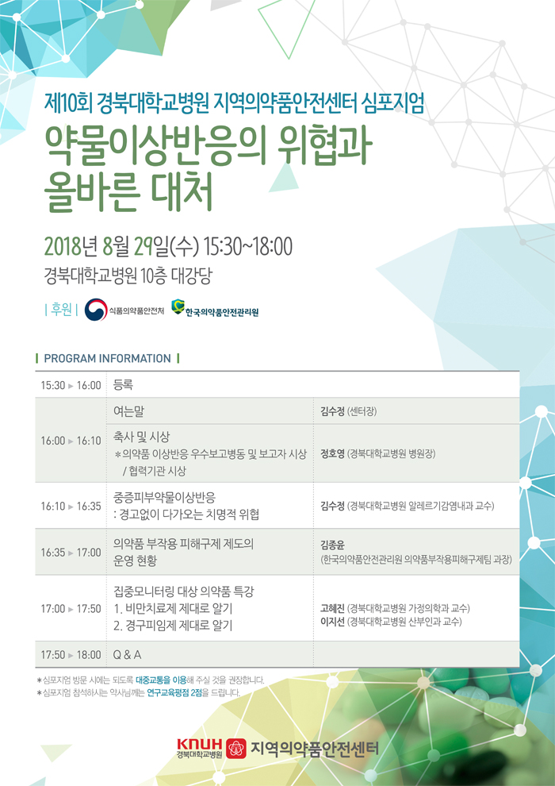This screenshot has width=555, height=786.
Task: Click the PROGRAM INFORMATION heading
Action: (x=108, y=358)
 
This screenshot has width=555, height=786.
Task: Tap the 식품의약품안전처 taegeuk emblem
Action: (x=96, y=310)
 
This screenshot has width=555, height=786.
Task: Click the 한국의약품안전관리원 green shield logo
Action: (x=177, y=306)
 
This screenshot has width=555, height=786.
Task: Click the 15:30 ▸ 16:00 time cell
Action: (x=71, y=386)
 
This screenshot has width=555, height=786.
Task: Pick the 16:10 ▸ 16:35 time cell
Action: (x=71, y=507)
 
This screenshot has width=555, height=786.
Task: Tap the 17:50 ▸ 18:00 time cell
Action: (x=71, y=655)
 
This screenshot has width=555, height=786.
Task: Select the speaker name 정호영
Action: (x=332, y=454)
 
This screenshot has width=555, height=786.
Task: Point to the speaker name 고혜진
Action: (x=332, y=608)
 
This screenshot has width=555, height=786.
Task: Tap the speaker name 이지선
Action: (x=332, y=622)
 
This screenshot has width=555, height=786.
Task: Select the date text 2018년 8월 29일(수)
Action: (x=121, y=246)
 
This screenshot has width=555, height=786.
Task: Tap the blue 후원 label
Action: (x=61, y=310)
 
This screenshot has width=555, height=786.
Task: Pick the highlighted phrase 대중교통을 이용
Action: (x=161, y=680)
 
